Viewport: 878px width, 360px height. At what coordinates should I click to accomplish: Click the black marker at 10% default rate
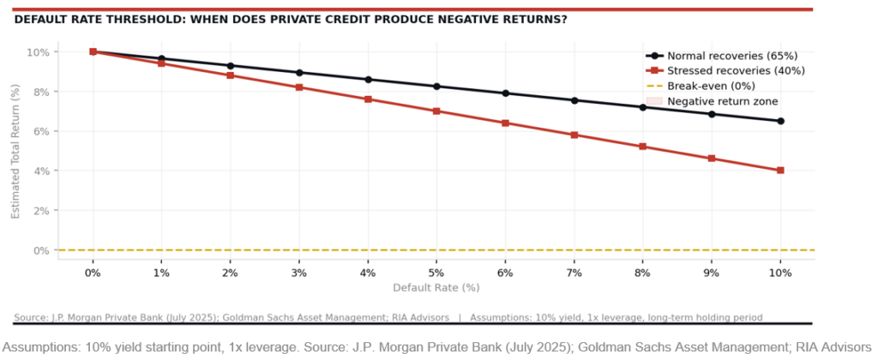[780, 121]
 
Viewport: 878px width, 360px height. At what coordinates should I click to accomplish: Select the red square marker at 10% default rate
[780, 171]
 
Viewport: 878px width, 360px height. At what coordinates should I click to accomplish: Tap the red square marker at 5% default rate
[436, 111]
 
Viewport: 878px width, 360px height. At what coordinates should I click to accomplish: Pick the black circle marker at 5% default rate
[436, 87]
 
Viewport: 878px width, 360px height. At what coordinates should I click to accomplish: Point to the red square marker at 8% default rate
[643, 147]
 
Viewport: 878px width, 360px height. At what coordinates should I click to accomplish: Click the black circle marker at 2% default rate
[230, 66]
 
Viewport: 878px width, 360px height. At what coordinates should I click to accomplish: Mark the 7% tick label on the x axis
[574, 272]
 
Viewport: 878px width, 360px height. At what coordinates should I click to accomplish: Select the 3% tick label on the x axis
[298, 272]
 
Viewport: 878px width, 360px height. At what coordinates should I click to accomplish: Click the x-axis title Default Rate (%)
[436, 287]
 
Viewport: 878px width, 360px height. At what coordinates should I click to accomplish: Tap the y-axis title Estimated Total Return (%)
[15, 151]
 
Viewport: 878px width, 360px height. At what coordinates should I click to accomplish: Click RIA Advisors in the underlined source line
[418, 318]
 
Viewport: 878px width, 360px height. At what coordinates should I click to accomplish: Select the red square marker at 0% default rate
[93, 51]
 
